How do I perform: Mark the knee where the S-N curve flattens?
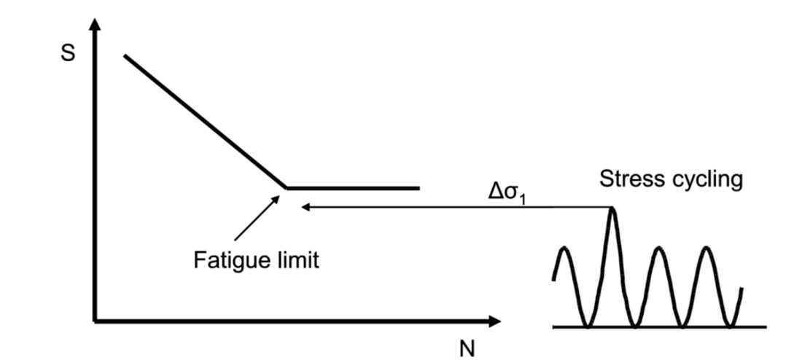[286, 188]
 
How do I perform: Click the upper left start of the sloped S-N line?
[125, 55]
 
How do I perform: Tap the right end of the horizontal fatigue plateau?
[419, 188]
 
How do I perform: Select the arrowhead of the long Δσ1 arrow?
[306, 208]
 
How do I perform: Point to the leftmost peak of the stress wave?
[564, 249]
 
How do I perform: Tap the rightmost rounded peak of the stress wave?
[705, 249]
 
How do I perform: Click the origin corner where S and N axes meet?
[94, 321]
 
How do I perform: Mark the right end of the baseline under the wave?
[766, 326]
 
